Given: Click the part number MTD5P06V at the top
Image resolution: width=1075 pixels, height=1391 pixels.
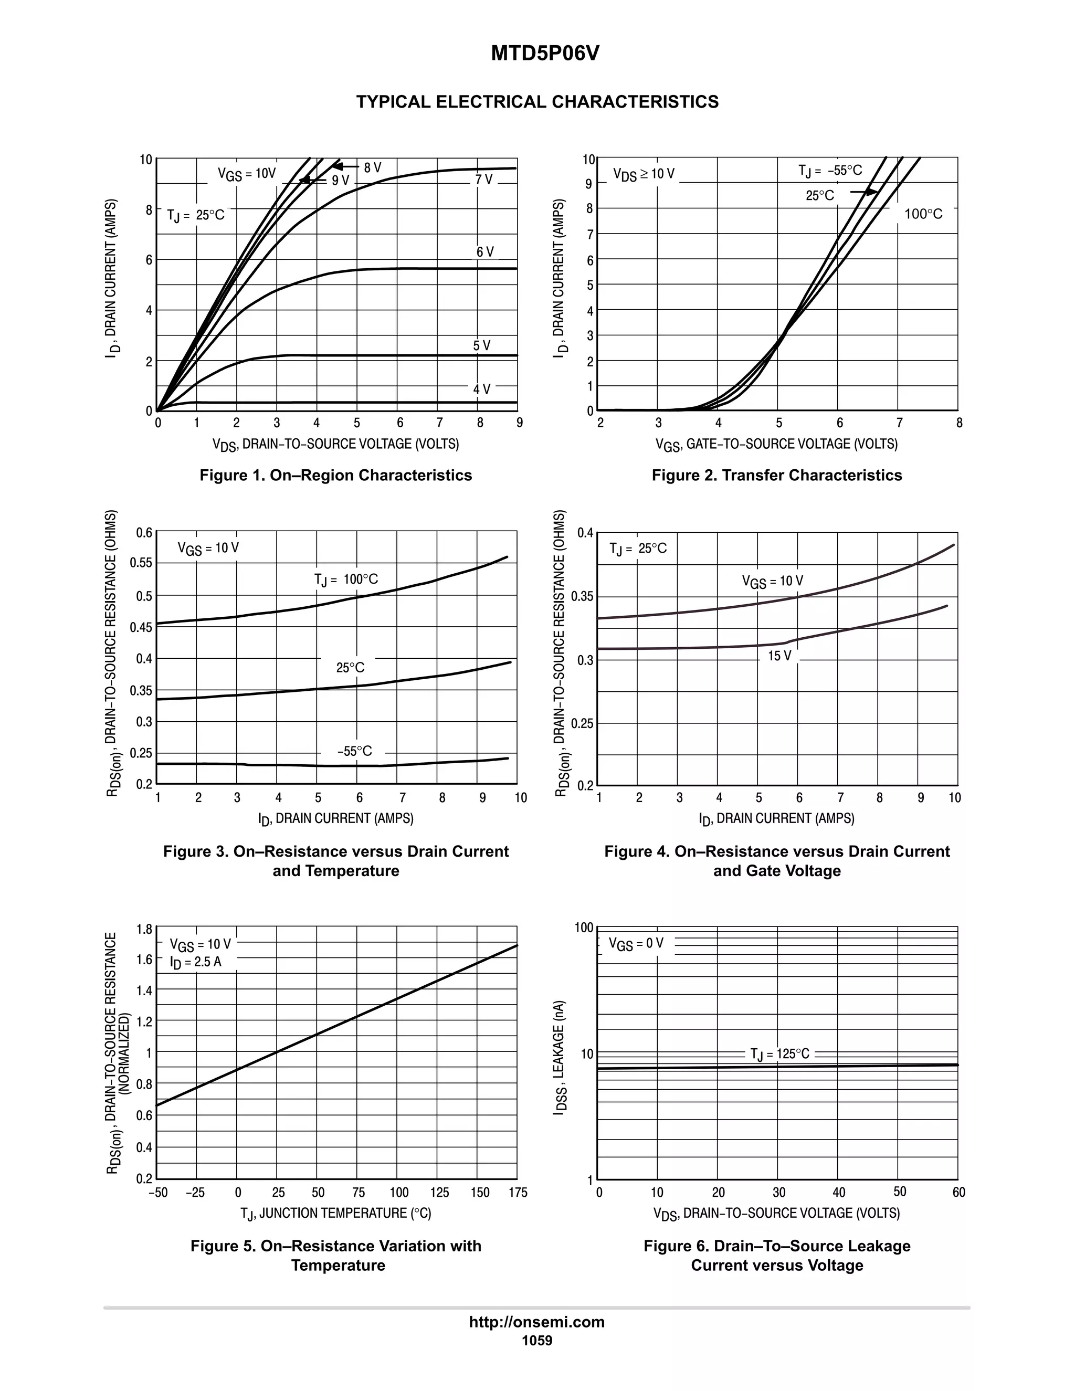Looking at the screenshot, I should tap(544, 54).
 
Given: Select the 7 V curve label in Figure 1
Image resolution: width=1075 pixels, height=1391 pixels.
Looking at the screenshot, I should tap(484, 180).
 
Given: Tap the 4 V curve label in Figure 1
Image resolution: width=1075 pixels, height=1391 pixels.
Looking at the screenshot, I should tap(481, 389).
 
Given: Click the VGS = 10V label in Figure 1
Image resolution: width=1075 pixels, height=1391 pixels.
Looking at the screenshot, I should tap(247, 174).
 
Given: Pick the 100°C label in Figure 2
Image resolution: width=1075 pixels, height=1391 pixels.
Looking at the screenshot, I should tap(923, 214).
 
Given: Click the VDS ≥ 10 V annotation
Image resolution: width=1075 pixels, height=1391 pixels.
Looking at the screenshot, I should tap(643, 174).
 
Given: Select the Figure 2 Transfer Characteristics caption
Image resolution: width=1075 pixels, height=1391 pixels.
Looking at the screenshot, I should tap(776, 475).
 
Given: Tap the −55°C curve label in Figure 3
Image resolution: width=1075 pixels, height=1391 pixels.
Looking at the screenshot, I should tap(355, 752).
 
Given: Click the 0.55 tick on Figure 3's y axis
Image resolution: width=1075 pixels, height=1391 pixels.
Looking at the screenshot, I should tap(141, 563).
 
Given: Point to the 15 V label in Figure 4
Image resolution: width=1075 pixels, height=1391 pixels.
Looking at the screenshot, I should tap(779, 656).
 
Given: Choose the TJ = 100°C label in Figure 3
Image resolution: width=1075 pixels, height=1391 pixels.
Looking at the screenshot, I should tap(346, 579).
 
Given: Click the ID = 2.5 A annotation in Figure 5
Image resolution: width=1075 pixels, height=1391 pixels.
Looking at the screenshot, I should tap(195, 962).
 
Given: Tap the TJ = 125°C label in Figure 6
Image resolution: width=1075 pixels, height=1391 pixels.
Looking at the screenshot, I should tap(779, 1054).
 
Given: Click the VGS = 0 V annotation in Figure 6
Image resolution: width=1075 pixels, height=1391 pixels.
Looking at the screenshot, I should tap(636, 943).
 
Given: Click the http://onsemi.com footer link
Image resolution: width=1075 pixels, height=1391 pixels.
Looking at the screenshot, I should tap(536, 1322).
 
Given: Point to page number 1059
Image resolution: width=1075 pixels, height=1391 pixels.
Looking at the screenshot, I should tap(537, 1340).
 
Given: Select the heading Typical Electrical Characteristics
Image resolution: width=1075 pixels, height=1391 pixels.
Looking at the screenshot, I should tap(537, 102).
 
